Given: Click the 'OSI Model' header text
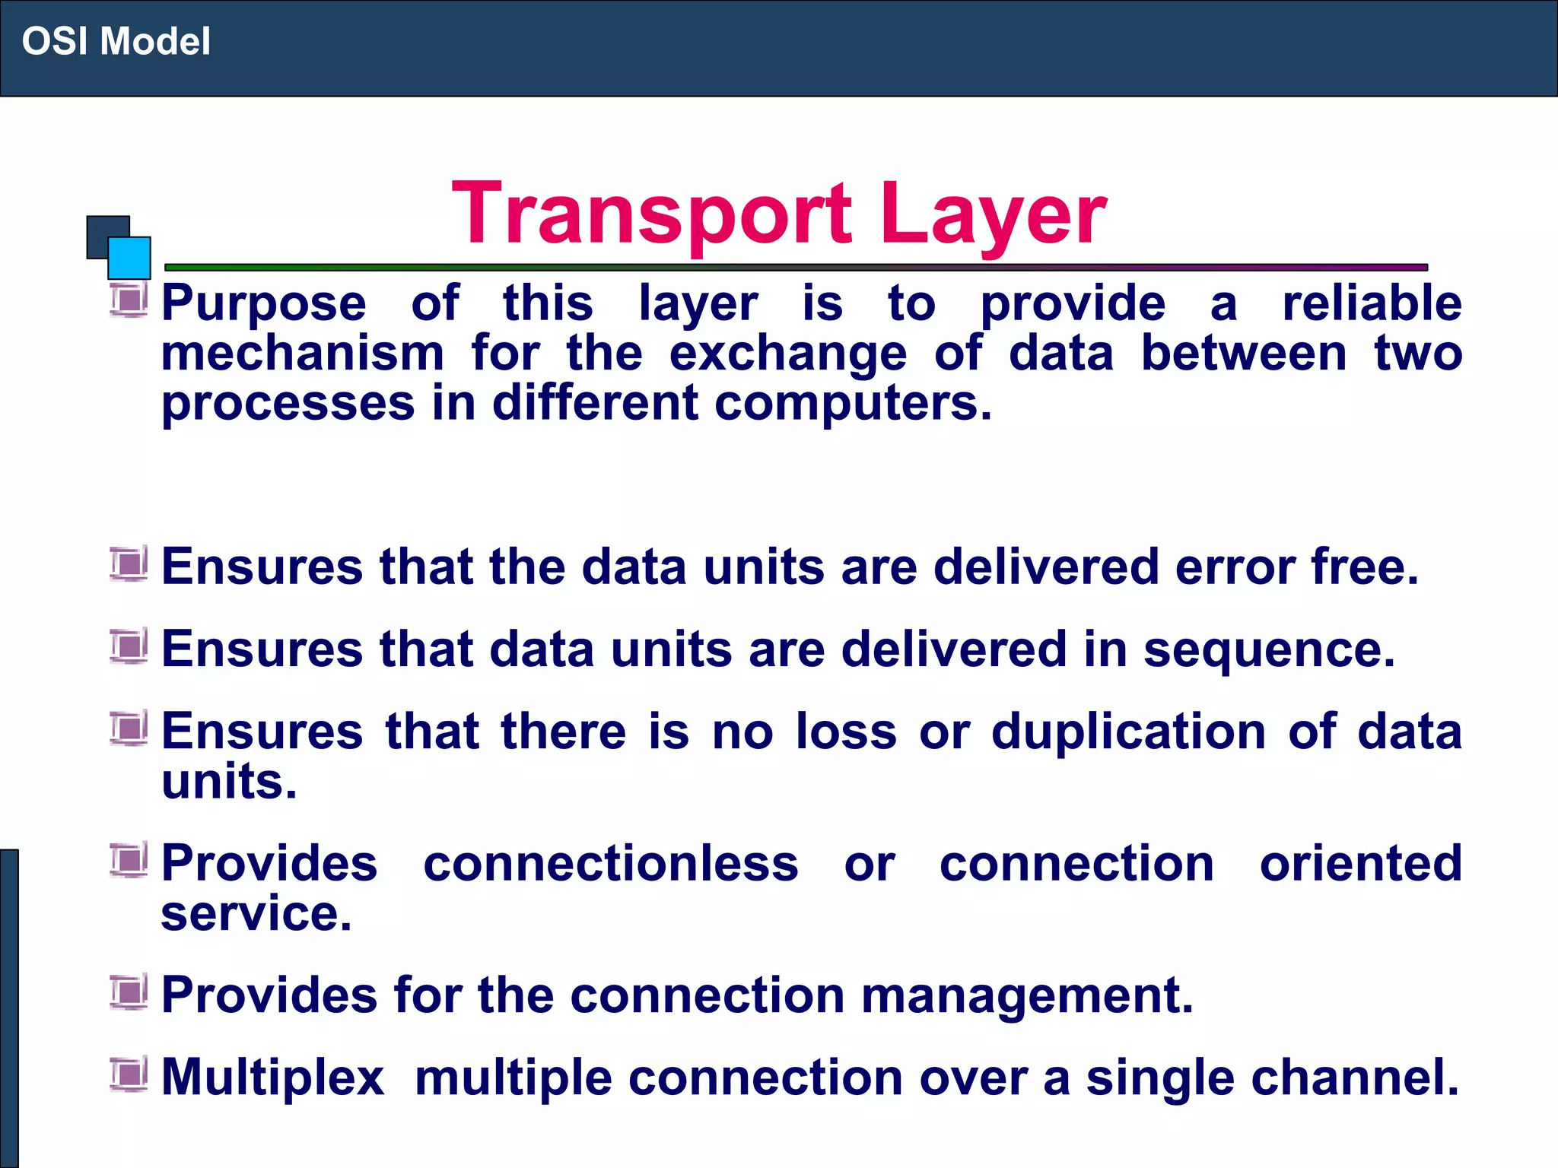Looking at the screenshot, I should click(116, 41).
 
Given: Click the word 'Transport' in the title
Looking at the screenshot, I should click(652, 214).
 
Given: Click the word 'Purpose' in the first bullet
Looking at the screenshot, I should click(264, 303).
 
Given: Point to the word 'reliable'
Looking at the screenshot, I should click(1372, 303).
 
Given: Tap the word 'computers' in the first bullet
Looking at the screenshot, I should click(852, 403).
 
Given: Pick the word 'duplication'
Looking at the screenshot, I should click(1128, 732).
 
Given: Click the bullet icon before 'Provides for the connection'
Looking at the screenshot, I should click(128, 992).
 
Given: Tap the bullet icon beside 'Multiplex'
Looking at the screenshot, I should click(128, 1074).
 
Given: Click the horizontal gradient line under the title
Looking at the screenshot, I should click(796, 268).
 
